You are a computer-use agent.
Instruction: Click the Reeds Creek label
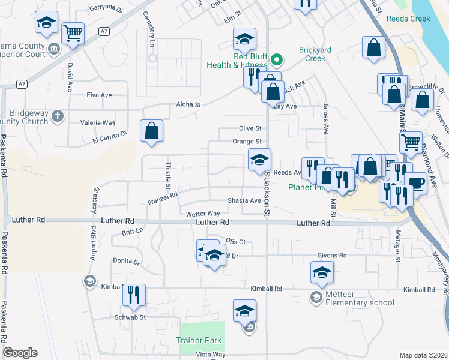point(408,19)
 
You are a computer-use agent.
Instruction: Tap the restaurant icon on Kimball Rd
point(134,294)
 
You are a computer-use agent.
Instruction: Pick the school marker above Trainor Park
point(244,310)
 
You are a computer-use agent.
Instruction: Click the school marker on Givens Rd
point(322,272)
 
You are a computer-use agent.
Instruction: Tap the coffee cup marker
point(415,182)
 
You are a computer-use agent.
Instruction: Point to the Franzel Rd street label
point(163,194)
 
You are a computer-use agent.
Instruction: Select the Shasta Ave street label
point(244,200)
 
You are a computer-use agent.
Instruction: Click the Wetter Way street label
point(203,214)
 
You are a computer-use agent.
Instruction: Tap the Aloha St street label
point(188,104)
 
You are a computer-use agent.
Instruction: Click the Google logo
point(20,353)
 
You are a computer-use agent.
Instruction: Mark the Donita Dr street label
point(126,262)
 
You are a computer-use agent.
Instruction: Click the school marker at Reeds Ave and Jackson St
point(259,159)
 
